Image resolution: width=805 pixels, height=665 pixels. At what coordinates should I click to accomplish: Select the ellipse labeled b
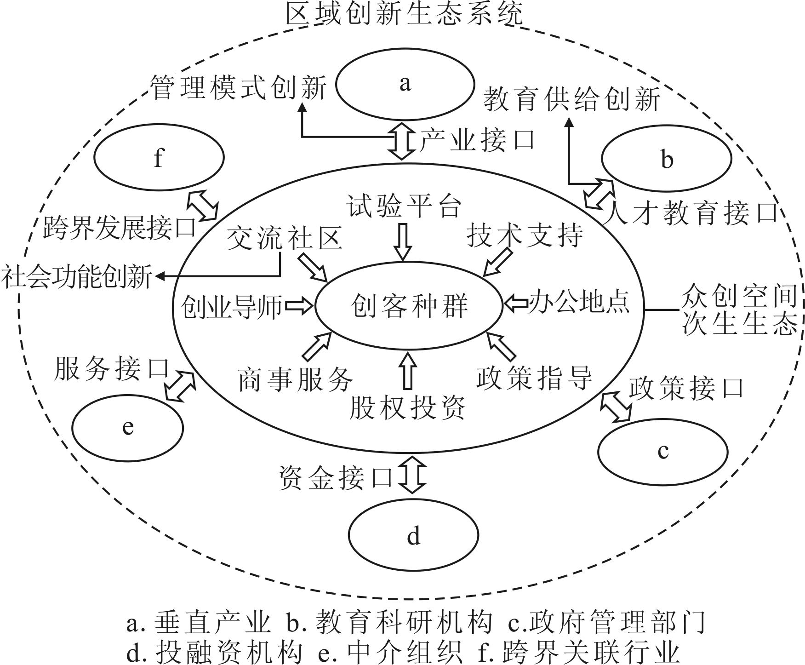[666, 159]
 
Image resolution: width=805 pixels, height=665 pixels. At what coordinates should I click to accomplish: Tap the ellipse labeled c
[663, 452]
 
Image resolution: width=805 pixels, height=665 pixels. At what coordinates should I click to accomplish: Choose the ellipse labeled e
[128, 428]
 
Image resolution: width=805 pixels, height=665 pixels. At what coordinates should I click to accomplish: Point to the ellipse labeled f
[159, 157]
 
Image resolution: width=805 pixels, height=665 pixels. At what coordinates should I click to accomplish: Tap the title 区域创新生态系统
[405, 14]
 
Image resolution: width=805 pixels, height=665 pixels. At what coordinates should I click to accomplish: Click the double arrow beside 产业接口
[402, 141]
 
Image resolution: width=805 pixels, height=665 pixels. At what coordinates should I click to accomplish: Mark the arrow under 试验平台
[403, 242]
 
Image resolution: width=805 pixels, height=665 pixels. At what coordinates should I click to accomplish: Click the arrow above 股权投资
[408, 370]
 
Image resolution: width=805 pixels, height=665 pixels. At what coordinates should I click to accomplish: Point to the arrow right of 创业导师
[299, 306]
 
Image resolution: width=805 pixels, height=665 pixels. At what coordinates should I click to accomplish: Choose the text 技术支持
[525, 235]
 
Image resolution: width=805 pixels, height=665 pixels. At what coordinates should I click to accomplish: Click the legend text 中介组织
[405, 651]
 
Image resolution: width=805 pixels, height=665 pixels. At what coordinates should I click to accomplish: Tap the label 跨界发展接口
[120, 227]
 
